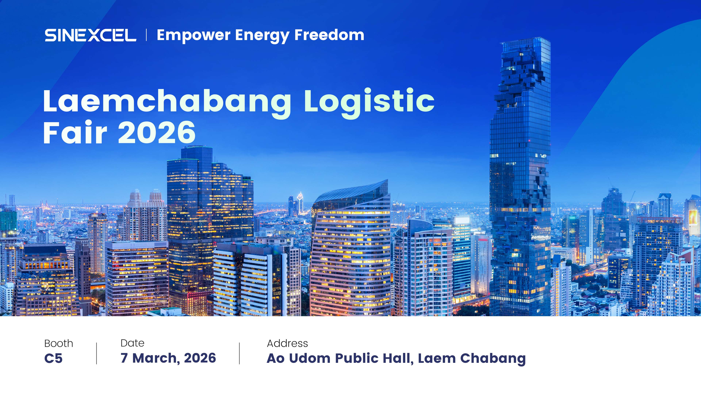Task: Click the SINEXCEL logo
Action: pos(90,35)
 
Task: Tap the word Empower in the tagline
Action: pos(194,36)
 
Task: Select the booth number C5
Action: pos(53,358)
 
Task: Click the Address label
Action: pos(287,343)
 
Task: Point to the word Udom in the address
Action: pos(310,358)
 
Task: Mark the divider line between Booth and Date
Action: pos(97,353)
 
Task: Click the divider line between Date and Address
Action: pos(240,353)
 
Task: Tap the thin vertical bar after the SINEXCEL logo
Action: pos(146,35)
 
